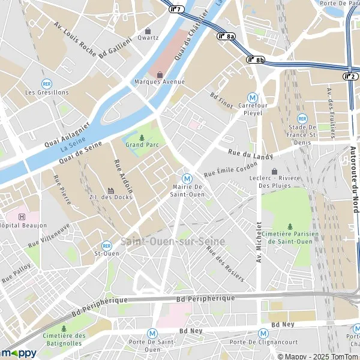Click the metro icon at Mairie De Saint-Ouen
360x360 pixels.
(x=187, y=178)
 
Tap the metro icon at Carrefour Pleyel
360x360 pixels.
(x=253, y=97)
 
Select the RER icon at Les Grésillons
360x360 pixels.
(x=47, y=84)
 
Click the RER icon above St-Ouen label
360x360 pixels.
(x=107, y=245)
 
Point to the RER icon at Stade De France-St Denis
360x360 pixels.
(x=302, y=119)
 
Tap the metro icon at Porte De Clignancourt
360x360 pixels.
(x=263, y=333)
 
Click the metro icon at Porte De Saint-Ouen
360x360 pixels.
(x=152, y=332)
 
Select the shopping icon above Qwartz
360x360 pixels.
(x=148, y=31)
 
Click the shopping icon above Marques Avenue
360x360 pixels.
(x=160, y=74)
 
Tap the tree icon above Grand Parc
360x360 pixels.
(x=142, y=137)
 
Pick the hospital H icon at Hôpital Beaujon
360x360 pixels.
(x=22, y=217)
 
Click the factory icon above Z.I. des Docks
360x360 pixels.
(x=110, y=190)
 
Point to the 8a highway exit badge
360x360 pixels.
(x=226, y=36)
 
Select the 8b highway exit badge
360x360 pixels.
(x=255, y=59)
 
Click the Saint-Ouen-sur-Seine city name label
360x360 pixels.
(x=173, y=242)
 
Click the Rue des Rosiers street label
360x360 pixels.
(x=225, y=264)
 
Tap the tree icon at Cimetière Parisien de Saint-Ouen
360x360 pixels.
(x=290, y=226)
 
